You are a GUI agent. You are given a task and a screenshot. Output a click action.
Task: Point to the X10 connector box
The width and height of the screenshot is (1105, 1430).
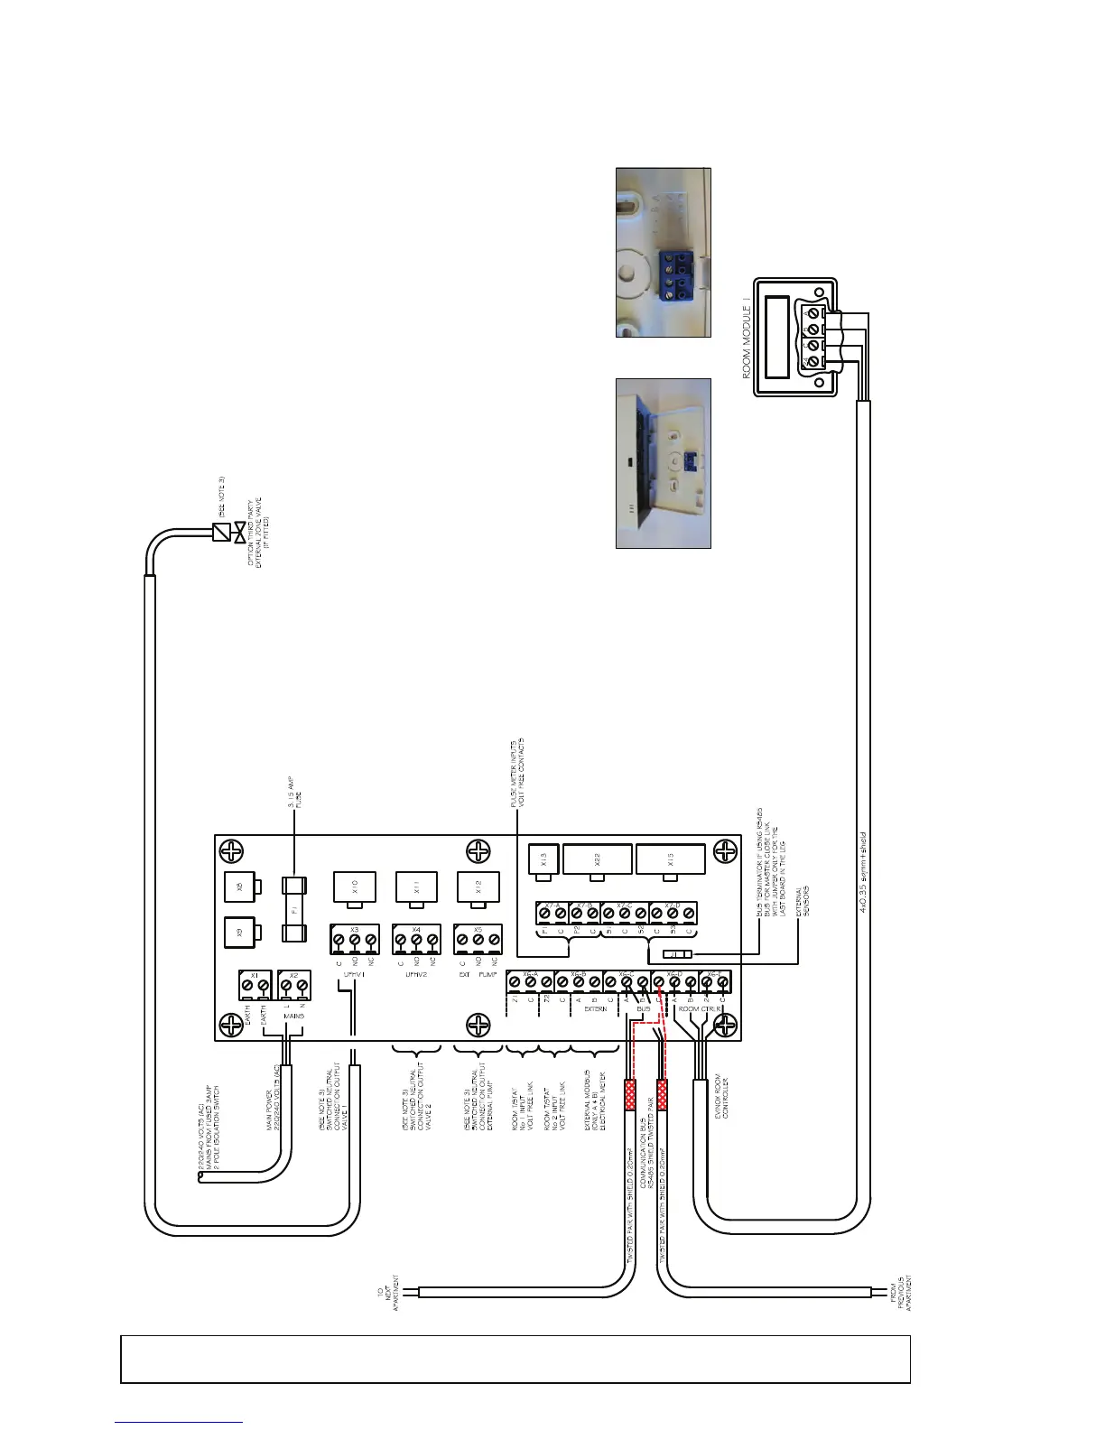[354, 886]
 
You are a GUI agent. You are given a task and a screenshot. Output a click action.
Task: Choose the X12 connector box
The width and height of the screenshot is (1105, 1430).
[478, 886]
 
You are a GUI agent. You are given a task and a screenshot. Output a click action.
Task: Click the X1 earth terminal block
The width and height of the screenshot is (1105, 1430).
[255, 984]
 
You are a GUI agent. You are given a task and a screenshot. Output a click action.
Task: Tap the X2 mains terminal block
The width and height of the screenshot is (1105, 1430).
[294, 984]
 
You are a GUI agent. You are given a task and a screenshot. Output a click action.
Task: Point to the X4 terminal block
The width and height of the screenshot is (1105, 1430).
[416, 939]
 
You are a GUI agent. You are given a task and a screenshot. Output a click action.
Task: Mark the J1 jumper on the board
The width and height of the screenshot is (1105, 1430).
[677, 954]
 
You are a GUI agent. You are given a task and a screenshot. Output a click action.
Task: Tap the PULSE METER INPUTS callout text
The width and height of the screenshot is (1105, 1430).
[515, 771]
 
